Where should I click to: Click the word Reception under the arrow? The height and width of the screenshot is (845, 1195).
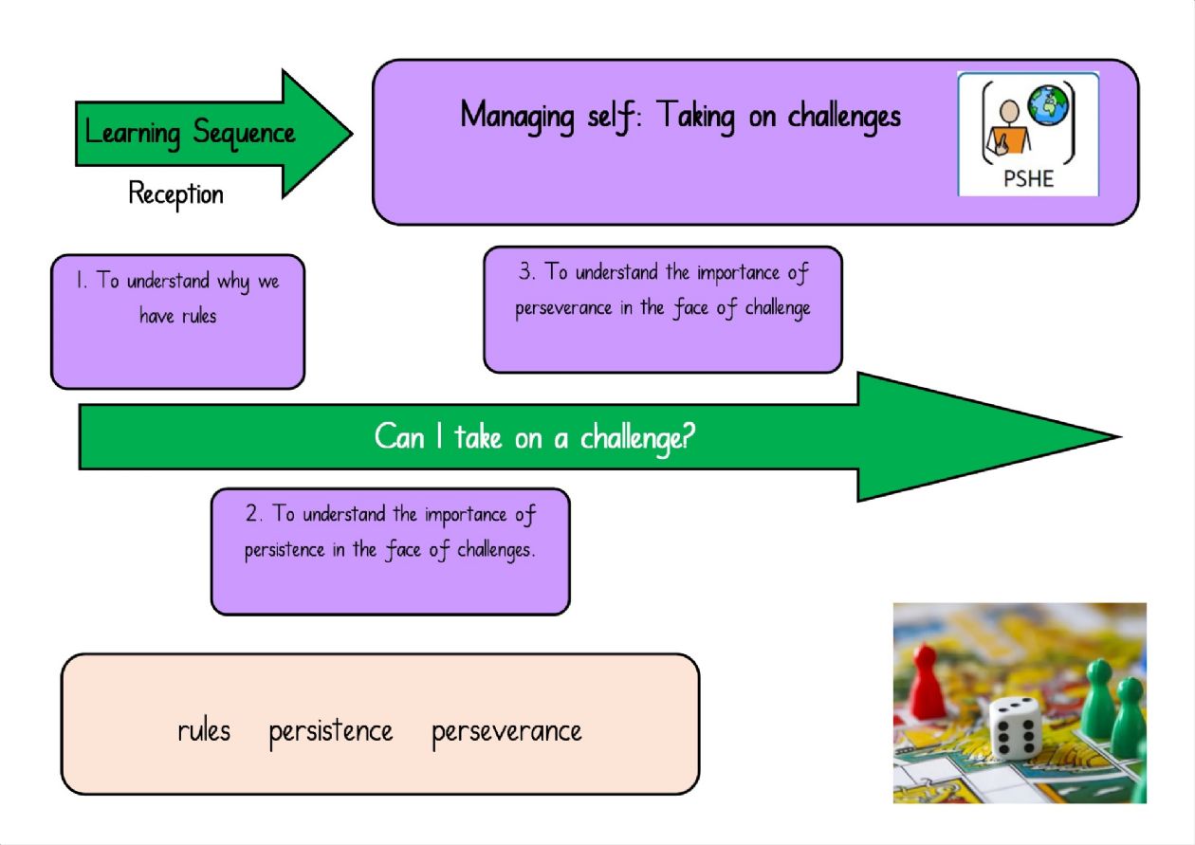pos(176,194)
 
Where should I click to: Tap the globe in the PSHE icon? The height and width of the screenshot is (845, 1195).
pos(1048,105)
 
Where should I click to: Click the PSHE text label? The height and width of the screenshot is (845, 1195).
pos(1028,178)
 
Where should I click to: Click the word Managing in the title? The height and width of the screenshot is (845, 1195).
pos(517,117)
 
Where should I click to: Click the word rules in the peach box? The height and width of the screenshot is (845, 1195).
pos(204,731)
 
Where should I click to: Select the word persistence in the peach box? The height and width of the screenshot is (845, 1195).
pos(331,732)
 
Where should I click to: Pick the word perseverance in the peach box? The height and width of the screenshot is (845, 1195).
pos(506,732)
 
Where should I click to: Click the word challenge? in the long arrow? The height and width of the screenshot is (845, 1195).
pos(638,438)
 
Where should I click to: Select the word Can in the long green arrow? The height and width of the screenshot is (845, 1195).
pos(399,437)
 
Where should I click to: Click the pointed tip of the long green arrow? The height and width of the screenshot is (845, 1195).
pos(1120,437)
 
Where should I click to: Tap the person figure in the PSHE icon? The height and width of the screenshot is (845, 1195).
pos(1008,128)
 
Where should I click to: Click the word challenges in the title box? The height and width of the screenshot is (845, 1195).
pos(844,118)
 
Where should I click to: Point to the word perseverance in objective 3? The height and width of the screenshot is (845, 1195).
pos(563,309)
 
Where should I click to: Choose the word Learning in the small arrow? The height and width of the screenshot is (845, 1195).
pos(133,134)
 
